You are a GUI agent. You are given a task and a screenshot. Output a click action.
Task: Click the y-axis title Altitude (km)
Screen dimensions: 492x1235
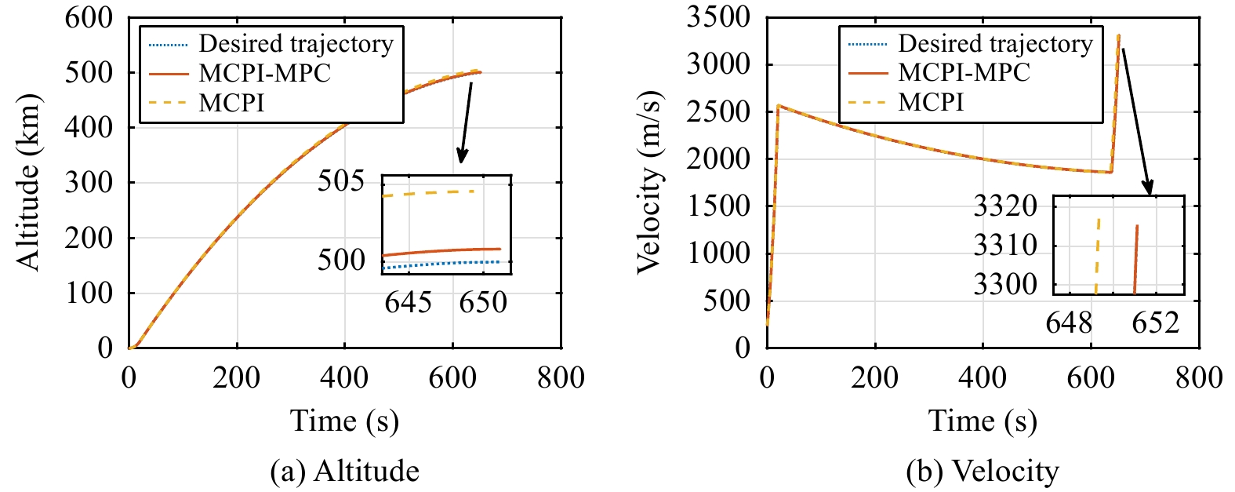28,182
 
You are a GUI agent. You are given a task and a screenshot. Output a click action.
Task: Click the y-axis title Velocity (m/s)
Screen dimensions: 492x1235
649,182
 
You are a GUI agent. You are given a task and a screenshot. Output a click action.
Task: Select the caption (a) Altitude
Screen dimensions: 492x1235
344,471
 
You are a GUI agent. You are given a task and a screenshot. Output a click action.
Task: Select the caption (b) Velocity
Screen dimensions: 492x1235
983,471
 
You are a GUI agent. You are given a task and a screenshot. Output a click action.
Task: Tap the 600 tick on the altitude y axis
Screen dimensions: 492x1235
89,17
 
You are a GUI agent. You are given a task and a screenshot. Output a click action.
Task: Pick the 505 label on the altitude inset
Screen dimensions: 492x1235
341,181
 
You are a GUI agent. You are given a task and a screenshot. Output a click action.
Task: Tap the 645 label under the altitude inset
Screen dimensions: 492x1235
408,302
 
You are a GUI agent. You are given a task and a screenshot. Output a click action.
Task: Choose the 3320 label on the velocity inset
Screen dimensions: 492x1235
1005,206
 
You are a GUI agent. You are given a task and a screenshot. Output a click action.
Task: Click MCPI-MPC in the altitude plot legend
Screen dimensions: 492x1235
265,73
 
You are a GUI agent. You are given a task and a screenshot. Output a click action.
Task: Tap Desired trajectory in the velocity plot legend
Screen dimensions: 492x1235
995,43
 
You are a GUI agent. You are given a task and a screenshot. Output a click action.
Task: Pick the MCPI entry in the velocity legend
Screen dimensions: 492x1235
931,102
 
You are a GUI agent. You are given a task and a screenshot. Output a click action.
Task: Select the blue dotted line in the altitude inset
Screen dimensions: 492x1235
439,265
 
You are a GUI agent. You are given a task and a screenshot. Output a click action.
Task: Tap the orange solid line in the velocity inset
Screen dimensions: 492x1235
1136,259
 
